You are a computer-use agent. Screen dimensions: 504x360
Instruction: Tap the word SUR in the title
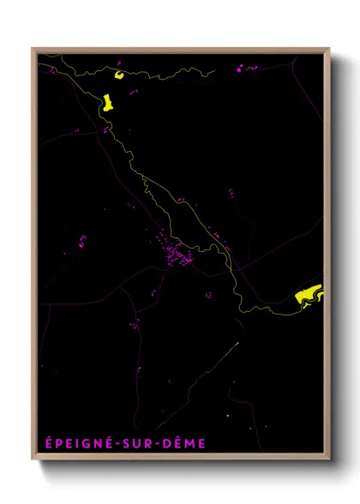[144, 443]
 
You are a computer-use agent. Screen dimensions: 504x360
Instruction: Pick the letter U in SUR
[144, 443]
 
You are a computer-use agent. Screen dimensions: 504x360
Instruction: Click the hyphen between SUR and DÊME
[163, 444]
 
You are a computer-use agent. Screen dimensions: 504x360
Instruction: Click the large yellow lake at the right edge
[309, 294]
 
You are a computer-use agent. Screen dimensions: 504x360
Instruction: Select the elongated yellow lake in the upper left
[109, 103]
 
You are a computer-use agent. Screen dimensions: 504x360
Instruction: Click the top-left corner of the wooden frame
[33, 49]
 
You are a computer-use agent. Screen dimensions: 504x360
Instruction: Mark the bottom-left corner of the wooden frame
[33, 460]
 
